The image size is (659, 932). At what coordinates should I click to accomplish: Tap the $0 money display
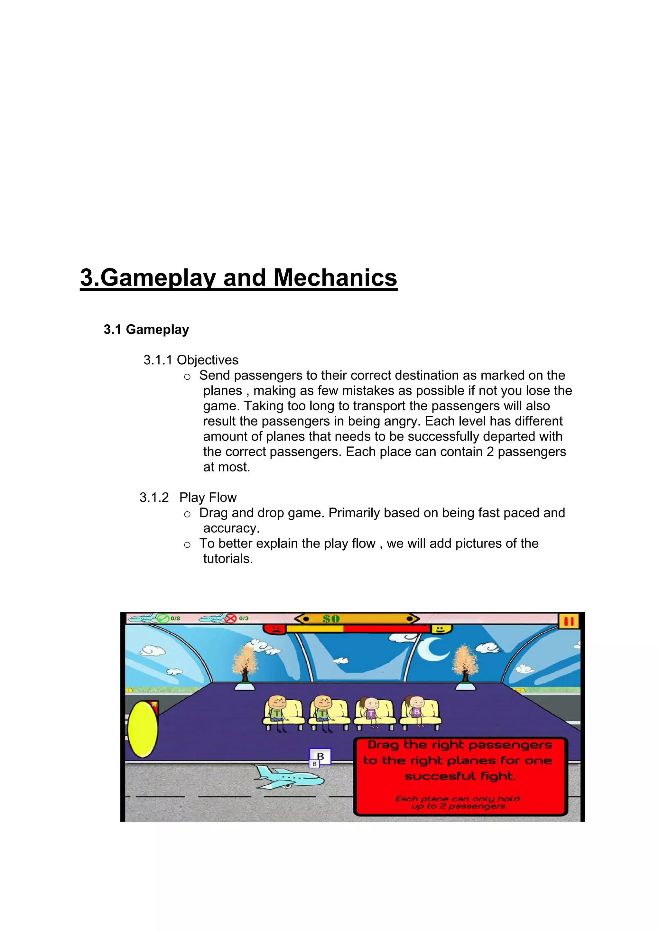click(x=331, y=619)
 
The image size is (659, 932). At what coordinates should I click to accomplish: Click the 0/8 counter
click(x=175, y=618)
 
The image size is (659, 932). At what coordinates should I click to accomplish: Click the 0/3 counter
click(x=244, y=618)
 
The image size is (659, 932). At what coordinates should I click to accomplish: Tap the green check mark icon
click(x=163, y=618)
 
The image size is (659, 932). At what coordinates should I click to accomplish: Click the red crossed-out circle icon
click(x=230, y=619)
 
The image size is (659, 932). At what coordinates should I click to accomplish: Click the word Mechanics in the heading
click(x=335, y=278)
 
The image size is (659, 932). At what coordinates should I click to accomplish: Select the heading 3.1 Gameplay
click(x=146, y=329)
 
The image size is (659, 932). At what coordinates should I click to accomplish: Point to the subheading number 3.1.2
click(x=154, y=497)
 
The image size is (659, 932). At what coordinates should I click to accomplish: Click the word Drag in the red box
click(x=384, y=745)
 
